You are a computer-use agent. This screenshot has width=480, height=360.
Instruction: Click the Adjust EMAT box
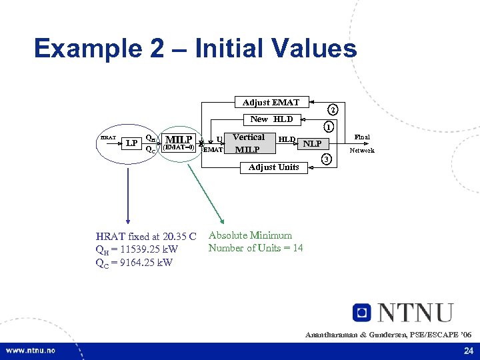[x=271, y=102]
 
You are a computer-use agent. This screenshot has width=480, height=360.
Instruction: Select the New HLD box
[x=271, y=119]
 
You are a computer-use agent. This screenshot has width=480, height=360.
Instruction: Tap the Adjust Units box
[x=273, y=167]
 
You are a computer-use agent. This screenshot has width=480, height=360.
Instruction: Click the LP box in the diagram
[x=132, y=143]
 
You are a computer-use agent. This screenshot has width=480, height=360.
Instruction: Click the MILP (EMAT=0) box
[x=179, y=143]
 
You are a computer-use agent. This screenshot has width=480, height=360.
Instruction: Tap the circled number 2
[x=333, y=109]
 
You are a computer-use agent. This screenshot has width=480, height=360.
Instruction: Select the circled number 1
[x=327, y=127]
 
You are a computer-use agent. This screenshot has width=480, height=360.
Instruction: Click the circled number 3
[x=327, y=159]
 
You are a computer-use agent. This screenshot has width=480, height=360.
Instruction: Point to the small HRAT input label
[x=107, y=138]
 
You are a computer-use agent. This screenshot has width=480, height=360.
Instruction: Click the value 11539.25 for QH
[x=140, y=249]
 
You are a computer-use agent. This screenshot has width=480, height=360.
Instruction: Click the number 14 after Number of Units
[x=297, y=248]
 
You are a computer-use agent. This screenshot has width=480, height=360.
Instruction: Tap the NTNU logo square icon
[x=362, y=312]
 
